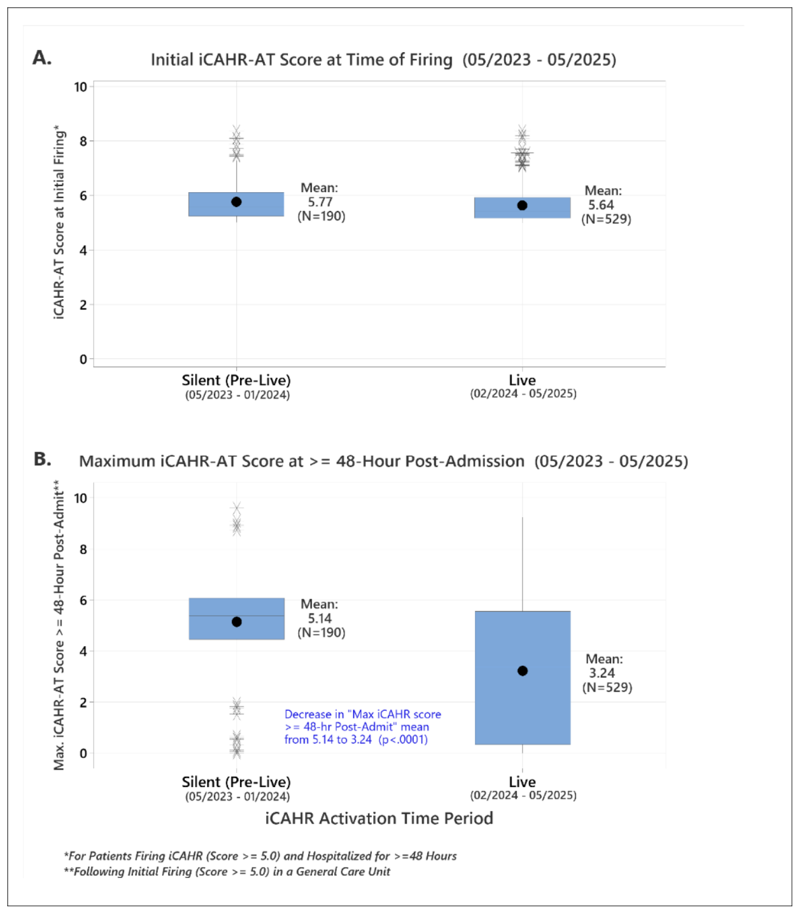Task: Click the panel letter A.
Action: (x=42, y=58)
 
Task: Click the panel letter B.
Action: (x=43, y=459)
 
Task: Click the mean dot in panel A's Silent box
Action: (x=236, y=202)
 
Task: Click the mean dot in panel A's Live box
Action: (x=522, y=205)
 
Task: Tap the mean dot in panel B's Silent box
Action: (x=237, y=622)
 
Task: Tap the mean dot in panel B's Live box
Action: (x=523, y=670)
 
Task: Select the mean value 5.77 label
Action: (x=320, y=202)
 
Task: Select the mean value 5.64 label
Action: (x=601, y=205)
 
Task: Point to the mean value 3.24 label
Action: (x=602, y=673)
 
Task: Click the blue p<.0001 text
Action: (x=403, y=739)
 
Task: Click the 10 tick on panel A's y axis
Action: (x=80, y=86)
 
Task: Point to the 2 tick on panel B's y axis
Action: (x=83, y=702)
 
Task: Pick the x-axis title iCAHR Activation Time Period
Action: (x=379, y=818)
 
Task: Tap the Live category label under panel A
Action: (x=523, y=380)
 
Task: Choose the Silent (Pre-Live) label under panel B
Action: (x=236, y=782)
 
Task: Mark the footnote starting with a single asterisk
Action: (x=261, y=856)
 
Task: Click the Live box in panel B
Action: (x=523, y=677)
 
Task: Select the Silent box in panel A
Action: (x=236, y=204)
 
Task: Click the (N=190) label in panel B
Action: (x=321, y=632)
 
